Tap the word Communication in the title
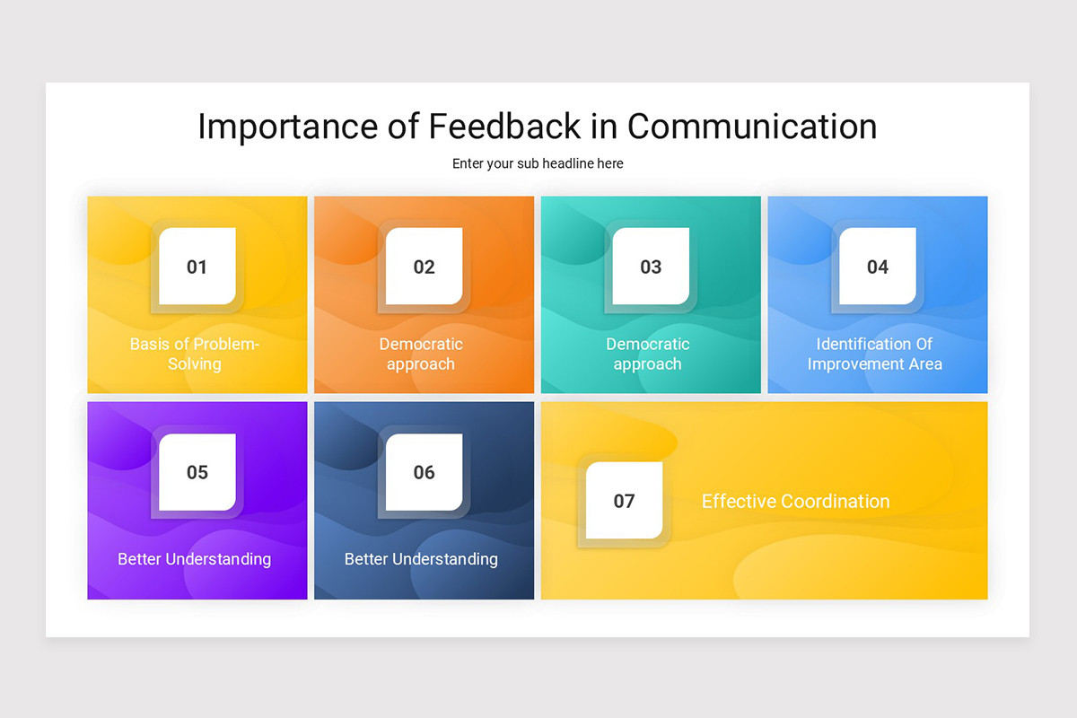pos(752,127)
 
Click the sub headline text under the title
pos(538,163)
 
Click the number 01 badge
pos(197,267)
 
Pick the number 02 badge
pos(425,267)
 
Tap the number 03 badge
pos(651,267)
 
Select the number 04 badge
pos(878,267)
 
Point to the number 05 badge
pos(197,472)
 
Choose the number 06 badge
pos(425,472)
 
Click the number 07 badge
pos(625,501)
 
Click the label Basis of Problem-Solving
pos(195,354)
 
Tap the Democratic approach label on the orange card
pos(421,354)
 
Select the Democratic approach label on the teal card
pos(647,354)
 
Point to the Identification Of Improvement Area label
pos(875,354)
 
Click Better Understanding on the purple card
pos(195,559)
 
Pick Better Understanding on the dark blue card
pos(421,559)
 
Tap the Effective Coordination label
pos(795,501)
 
